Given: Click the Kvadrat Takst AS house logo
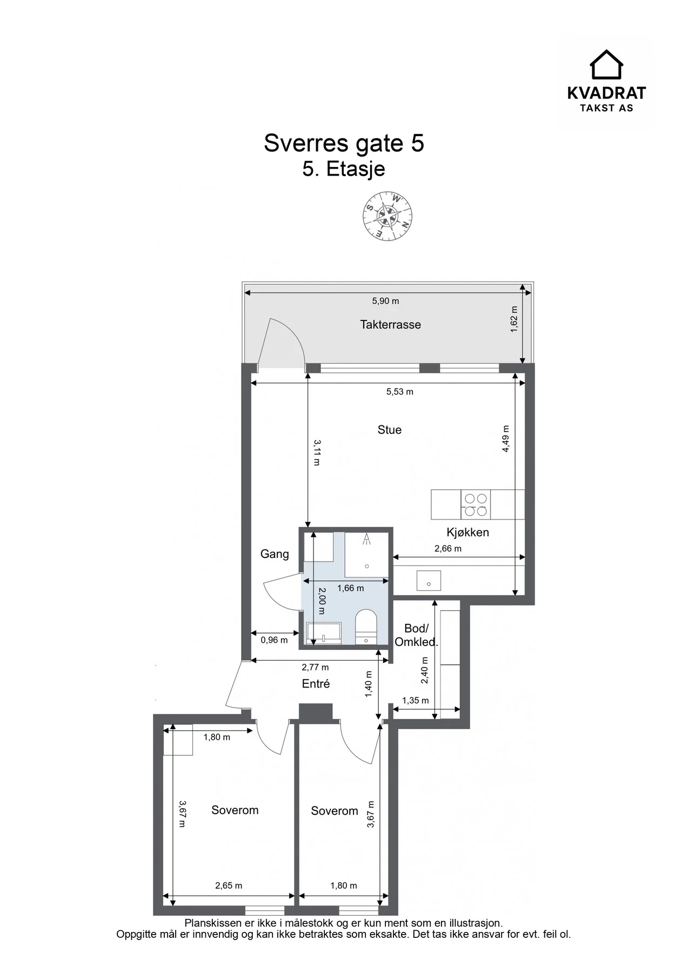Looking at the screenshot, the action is [x=606, y=65].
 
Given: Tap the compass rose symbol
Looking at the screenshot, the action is [x=388, y=216].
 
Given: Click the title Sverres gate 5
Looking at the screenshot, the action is [x=344, y=143].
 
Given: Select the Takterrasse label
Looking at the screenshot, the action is [x=390, y=324].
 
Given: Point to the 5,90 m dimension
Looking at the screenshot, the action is [x=385, y=301].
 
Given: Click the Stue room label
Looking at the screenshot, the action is [x=389, y=430].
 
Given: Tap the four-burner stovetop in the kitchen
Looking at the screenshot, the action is [x=476, y=504].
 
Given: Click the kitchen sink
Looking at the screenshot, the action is [x=429, y=581].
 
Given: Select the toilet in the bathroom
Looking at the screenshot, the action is [x=366, y=627].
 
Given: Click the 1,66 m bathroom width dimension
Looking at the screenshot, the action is [x=350, y=588].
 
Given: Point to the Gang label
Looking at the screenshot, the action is [x=275, y=554].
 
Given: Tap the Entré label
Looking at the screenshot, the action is [x=316, y=684].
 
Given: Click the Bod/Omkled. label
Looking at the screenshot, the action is [x=416, y=635].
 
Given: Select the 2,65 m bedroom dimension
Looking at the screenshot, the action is [x=229, y=885].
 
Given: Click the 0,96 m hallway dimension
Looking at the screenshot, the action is [x=274, y=640].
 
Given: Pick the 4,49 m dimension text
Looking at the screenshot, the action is [x=506, y=439].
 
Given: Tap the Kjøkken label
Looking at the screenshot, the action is [x=467, y=532].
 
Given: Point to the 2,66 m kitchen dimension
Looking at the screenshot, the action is [x=448, y=549].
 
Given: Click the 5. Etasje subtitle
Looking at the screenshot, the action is [x=344, y=169].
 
